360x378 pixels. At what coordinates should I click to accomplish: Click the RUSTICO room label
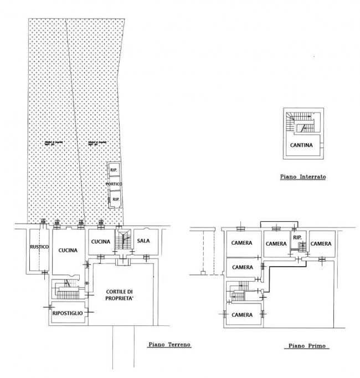[x=40, y=246]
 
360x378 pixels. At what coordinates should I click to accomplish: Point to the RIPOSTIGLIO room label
[x=68, y=313]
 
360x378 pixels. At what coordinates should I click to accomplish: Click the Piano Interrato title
[x=302, y=178]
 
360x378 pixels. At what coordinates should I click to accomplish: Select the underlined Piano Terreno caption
[x=169, y=344]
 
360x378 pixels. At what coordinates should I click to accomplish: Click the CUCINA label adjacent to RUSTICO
[x=68, y=250]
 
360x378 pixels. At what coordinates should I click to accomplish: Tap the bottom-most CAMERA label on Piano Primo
[x=243, y=315]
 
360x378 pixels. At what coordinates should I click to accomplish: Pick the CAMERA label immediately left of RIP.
[x=276, y=243]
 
